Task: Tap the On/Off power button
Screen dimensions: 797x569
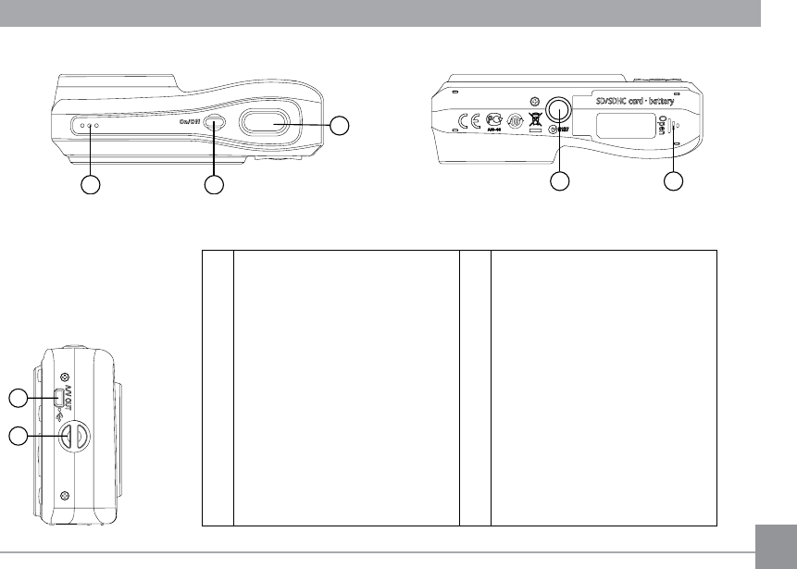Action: (x=215, y=123)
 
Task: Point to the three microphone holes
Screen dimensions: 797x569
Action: (x=90, y=125)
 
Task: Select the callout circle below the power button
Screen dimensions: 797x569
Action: (x=214, y=185)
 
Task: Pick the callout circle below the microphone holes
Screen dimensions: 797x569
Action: (x=90, y=185)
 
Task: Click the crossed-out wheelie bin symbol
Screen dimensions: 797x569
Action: (x=534, y=120)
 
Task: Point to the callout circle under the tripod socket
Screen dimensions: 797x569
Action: (x=559, y=182)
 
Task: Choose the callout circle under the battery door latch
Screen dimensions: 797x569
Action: (x=675, y=182)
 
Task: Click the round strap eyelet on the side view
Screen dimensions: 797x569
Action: (x=74, y=436)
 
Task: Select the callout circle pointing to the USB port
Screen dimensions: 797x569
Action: (x=18, y=399)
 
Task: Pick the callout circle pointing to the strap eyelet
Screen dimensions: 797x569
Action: (x=18, y=435)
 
